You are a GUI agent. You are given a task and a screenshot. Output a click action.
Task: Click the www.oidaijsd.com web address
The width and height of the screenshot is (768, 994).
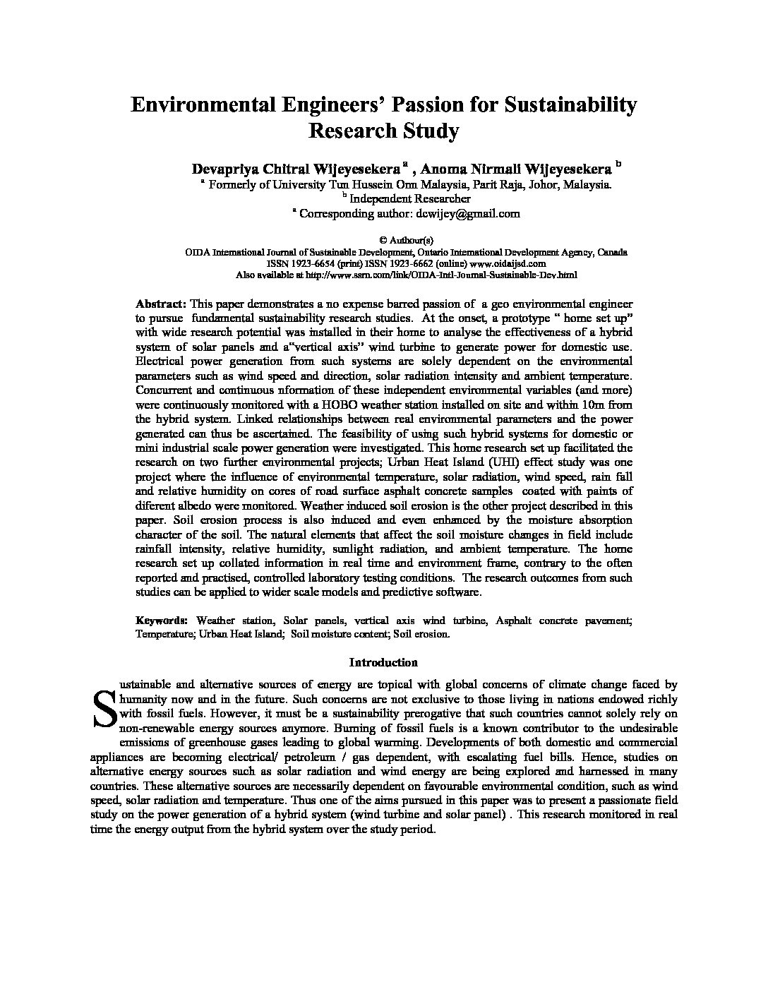513,263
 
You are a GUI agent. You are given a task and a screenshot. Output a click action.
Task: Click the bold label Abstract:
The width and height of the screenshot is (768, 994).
161,304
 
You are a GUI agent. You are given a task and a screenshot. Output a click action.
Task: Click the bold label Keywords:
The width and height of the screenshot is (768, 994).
162,621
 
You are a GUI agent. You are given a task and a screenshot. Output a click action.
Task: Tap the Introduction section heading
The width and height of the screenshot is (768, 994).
383,662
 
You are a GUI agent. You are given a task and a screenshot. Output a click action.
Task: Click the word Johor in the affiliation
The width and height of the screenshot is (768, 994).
536,184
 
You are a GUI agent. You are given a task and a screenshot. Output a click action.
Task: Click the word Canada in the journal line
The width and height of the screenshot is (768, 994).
613,252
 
